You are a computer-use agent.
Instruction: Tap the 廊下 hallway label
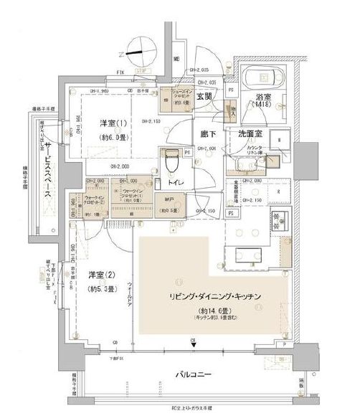click(209, 133)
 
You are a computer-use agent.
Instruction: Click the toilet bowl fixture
click(171, 159)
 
